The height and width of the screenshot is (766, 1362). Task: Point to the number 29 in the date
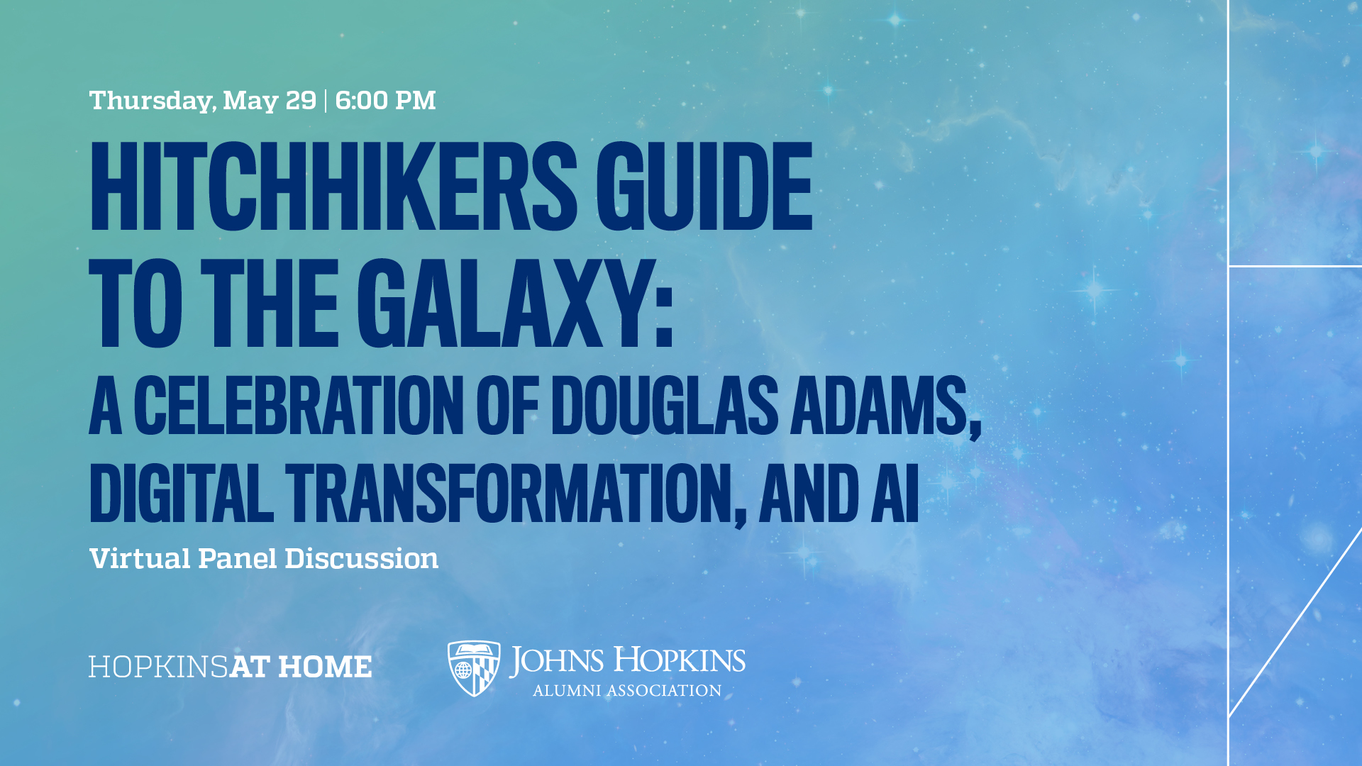click(x=301, y=101)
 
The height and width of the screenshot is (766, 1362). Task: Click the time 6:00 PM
click(x=385, y=101)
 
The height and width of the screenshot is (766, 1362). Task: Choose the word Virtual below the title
click(x=140, y=559)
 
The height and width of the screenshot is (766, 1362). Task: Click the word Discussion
click(x=361, y=559)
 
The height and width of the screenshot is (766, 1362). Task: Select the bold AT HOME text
click(x=301, y=667)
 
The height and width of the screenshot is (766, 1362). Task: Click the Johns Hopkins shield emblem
click(x=474, y=668)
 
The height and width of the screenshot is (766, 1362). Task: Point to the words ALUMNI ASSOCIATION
click(x=627, y=691)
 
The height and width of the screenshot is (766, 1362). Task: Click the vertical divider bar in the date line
click(x=326, y=101)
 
